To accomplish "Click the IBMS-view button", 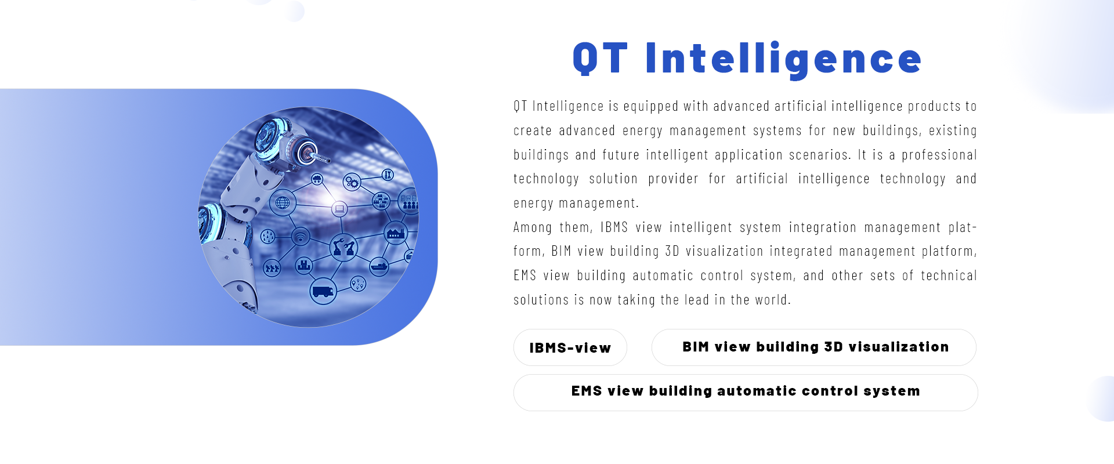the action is coord(570,347).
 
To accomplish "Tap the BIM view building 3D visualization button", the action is coord(814,347).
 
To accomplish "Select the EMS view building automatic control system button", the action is coord(746,393).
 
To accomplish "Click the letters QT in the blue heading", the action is coord(600,59).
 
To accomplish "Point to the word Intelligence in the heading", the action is coord(783,60).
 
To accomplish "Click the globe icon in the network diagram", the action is coord(283,202).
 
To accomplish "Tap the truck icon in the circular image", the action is coord(323,291).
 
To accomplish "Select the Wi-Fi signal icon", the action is coord(300,236).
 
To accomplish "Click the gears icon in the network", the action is coord(352,182).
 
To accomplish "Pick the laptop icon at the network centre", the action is coord(339,208).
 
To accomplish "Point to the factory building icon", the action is coord(396,233).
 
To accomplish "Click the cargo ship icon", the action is coord(379,266).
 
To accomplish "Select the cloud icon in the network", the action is coord(317,179).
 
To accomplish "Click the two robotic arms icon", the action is coord(343,247).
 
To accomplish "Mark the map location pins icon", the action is coord(358,284).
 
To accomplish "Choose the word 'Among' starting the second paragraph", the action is coord(533,227).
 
